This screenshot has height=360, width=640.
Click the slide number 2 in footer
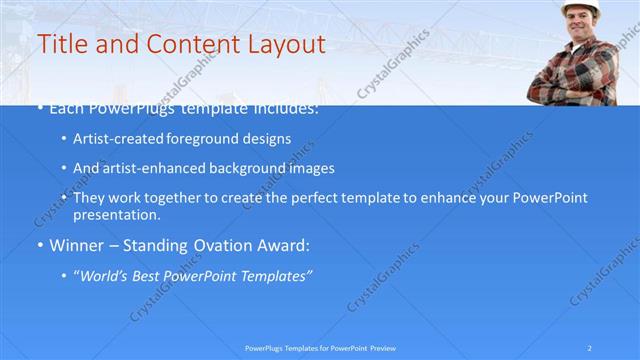pos(591,348)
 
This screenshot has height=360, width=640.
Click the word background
pos(240,168)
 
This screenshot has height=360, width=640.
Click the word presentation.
pos(116,214)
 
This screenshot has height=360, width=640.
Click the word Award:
pos(279,245)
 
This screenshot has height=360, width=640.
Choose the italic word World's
pos(103,275)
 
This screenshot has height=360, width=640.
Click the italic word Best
pos(151,275)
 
